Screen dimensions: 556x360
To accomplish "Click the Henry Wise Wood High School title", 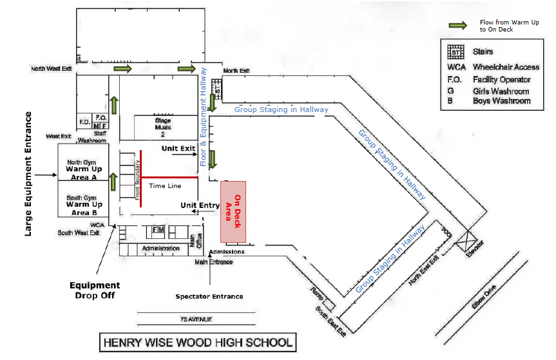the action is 198,342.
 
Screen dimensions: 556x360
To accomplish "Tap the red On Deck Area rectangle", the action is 233,212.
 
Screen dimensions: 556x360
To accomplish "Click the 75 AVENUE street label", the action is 197,319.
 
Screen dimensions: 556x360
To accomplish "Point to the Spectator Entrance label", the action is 209,296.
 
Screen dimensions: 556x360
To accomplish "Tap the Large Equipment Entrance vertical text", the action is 28,174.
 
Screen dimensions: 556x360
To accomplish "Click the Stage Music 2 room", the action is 164,127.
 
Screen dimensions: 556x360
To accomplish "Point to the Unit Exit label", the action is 178,148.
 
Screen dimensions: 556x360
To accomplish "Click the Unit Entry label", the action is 200,205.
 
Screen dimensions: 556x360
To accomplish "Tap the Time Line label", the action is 166,186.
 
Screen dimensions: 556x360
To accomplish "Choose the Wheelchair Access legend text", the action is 506,67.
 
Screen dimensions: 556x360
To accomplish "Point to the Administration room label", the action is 157,248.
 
